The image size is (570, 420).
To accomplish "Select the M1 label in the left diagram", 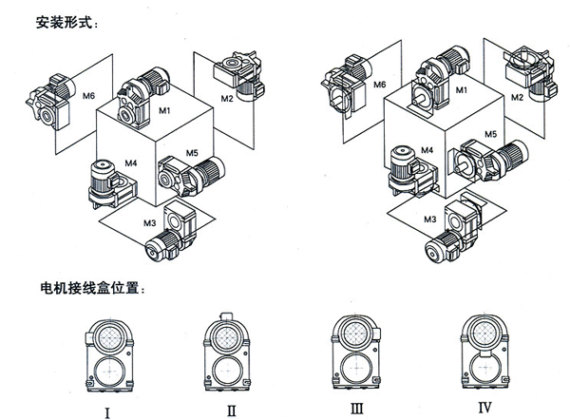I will click(x=164, y=112).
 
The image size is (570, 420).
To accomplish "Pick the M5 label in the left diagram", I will click(x=191, y=152).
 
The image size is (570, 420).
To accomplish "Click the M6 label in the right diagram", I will click(x=377, y=85).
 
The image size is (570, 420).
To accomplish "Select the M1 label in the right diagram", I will click(x=463, y=89).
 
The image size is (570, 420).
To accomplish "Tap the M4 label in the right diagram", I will click(x=427, y=150).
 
